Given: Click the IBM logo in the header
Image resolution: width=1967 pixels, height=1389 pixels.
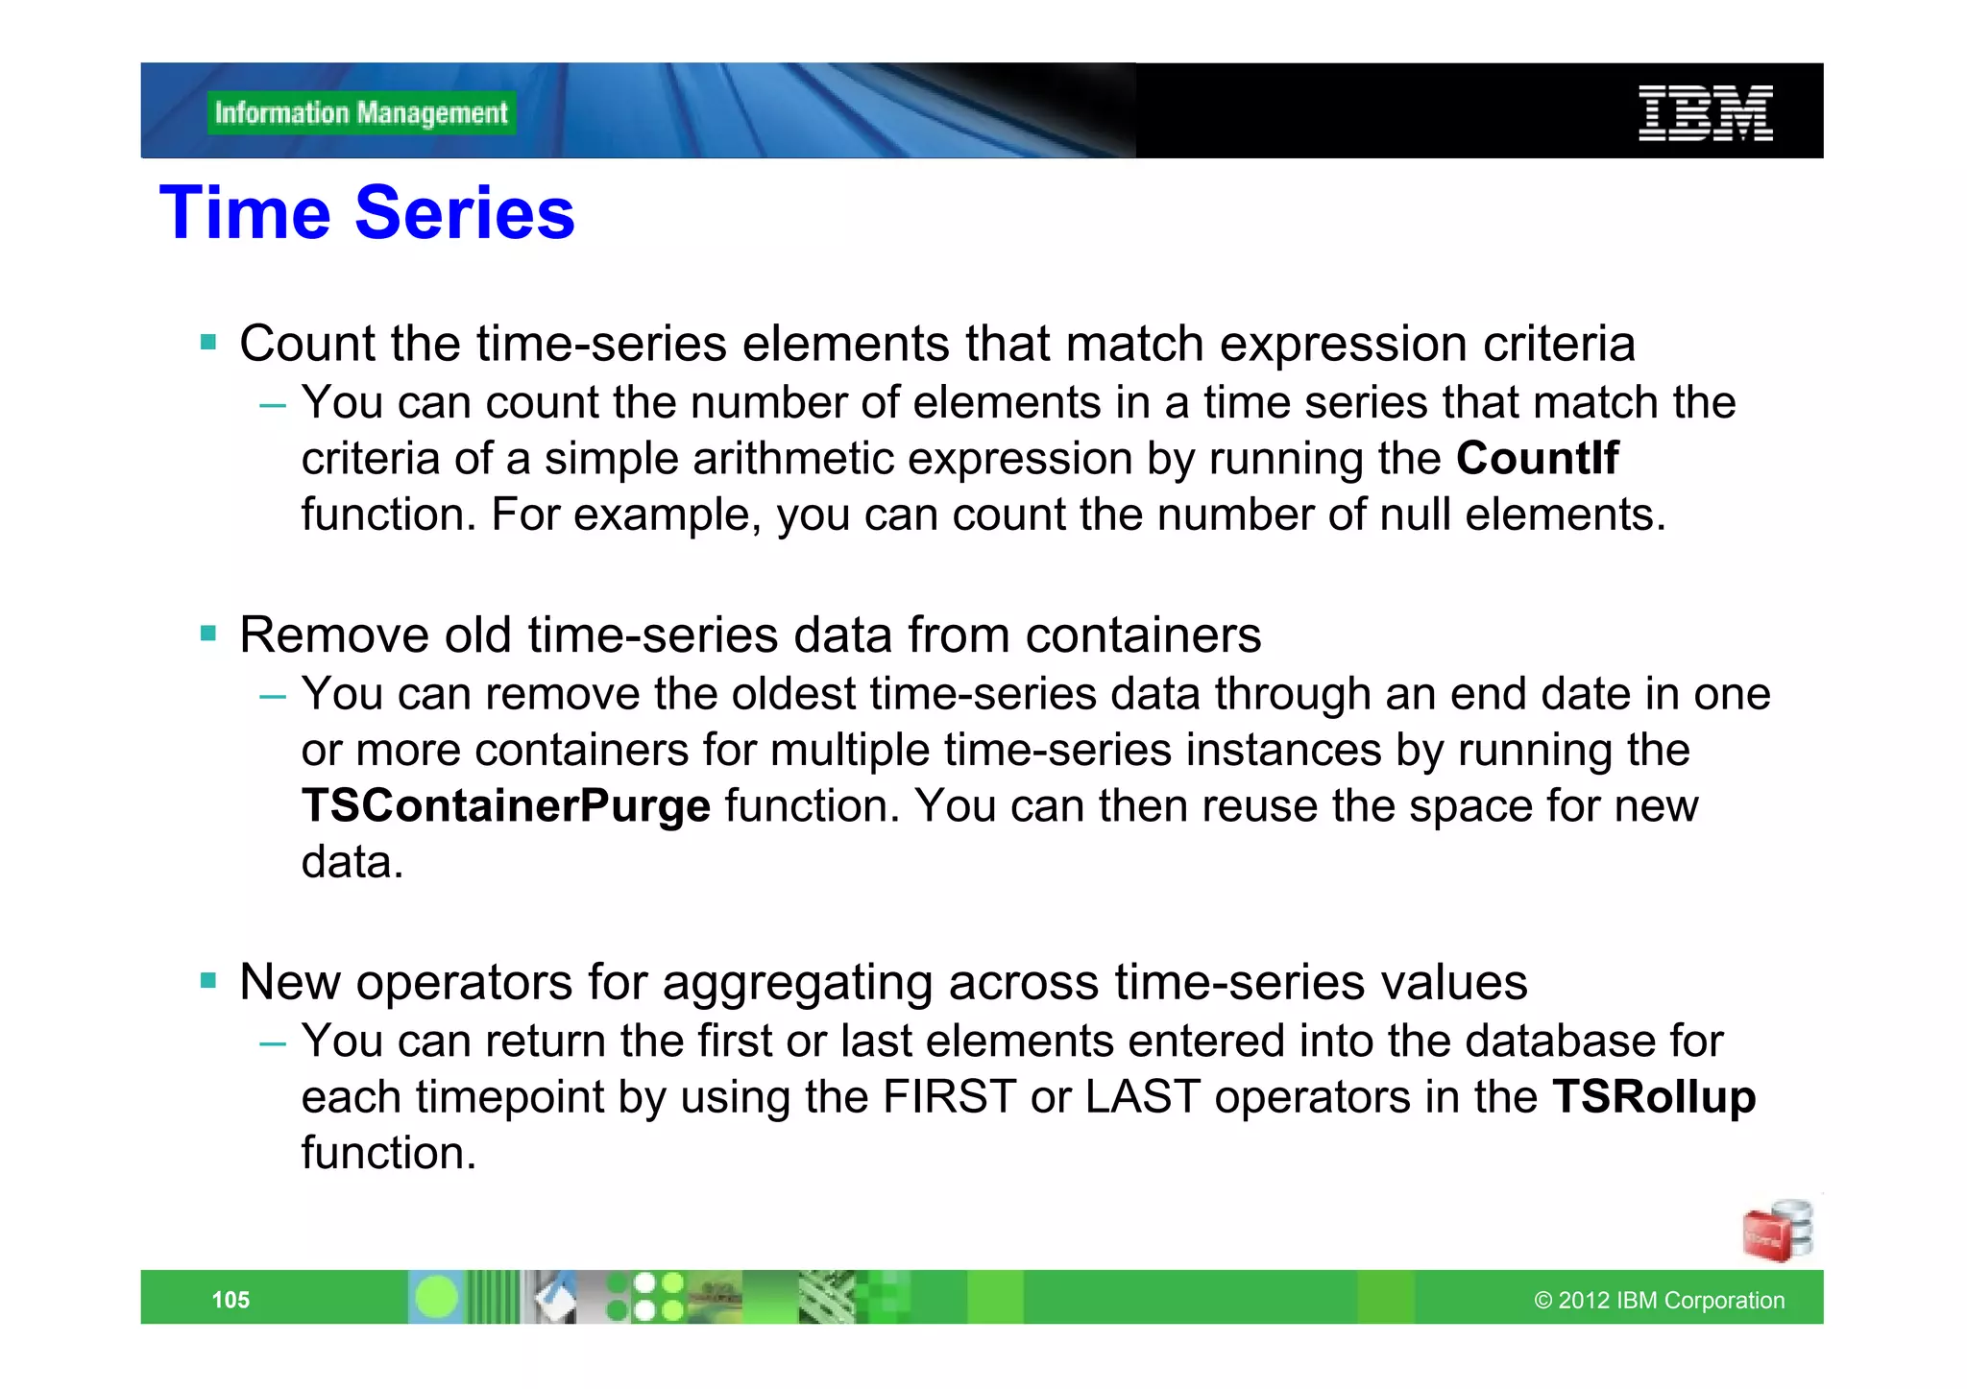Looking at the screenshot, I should click(x=1705, y=113).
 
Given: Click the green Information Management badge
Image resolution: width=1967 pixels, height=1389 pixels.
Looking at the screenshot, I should click(x=361, y=113).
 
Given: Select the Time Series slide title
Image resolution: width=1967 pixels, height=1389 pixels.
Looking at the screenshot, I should click(x=367, y=212).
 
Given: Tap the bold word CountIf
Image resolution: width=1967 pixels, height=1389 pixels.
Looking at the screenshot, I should click(x=1537, y=458).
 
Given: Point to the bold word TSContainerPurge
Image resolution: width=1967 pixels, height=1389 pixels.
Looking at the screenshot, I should click(x=506, y=805).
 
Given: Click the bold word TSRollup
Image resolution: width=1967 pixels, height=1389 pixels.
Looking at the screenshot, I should click(x=1654, y=1096).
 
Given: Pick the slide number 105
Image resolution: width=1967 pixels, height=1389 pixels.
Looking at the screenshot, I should click(x=231, y=1300).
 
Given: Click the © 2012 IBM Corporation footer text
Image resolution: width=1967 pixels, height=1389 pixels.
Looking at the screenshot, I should click(x=1659, y=1300).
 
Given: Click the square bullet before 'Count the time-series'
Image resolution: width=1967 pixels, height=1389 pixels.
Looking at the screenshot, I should click(x=208, y=342).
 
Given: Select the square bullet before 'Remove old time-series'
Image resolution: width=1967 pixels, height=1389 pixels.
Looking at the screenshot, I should click(x=208, y=633).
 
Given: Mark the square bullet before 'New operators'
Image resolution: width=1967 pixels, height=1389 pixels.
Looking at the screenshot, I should click(x=208, y=980).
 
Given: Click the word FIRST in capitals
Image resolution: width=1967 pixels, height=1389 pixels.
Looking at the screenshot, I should click(x=949, y=1096).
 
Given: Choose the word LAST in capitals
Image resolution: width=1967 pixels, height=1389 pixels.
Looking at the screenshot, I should click(x=1143, y=1096).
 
